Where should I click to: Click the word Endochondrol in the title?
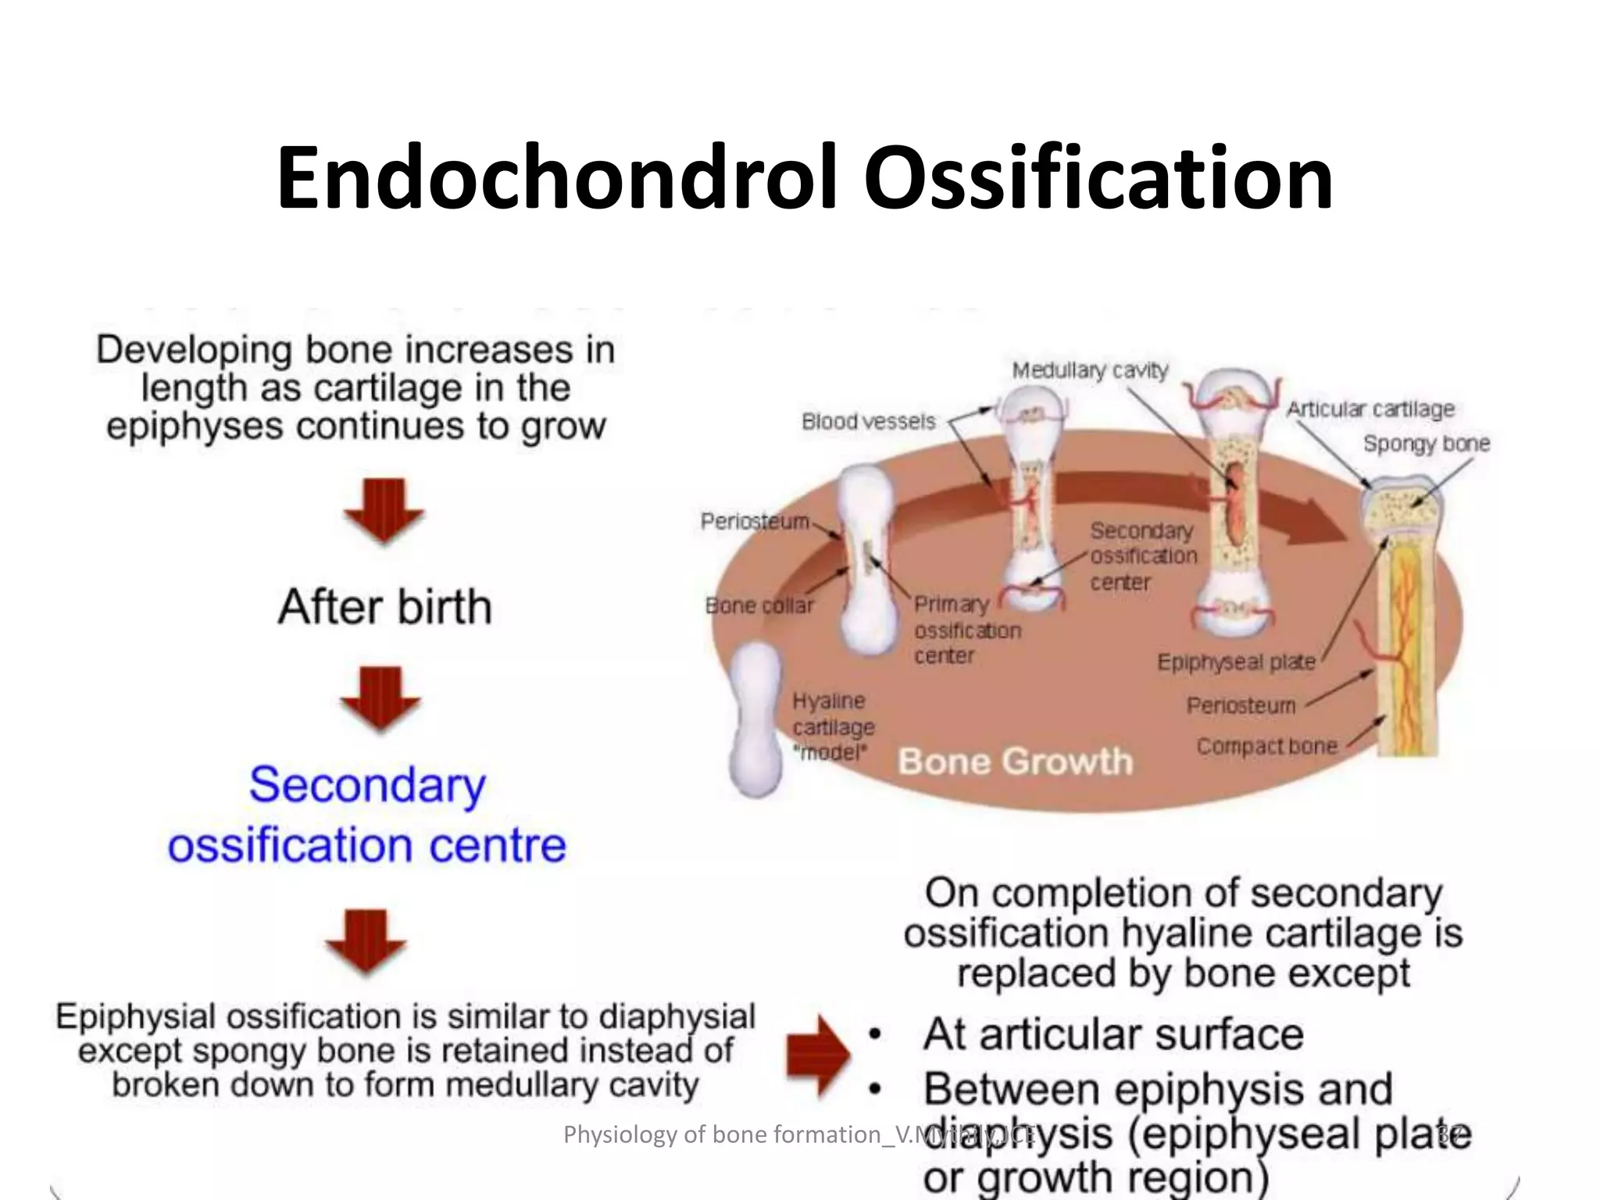(x=558, y=178)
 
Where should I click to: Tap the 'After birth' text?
(x=384, y=607)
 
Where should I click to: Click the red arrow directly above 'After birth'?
(x=384, y=510)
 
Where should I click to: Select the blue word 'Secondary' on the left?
(x=367, y=785)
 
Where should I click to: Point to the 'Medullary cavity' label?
(x=1089, y=370)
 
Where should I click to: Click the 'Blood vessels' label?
(x=868, y=422)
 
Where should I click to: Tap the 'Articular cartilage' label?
(x=1370, y=409)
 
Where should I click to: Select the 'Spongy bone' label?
(x=1426, y=444)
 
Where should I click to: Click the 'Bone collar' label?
(x=759, y=605)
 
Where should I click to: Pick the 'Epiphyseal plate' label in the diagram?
(x=1235, y=662)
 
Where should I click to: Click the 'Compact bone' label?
(x=1266, y=746)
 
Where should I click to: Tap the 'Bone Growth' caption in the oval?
(x=1014, y=761)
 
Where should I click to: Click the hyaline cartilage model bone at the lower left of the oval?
(x=755, y=719)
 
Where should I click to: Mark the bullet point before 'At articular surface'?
(x=876, y=1035)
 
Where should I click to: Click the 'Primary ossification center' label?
(x=966, y=630)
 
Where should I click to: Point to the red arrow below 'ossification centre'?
(x=366, y=941)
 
